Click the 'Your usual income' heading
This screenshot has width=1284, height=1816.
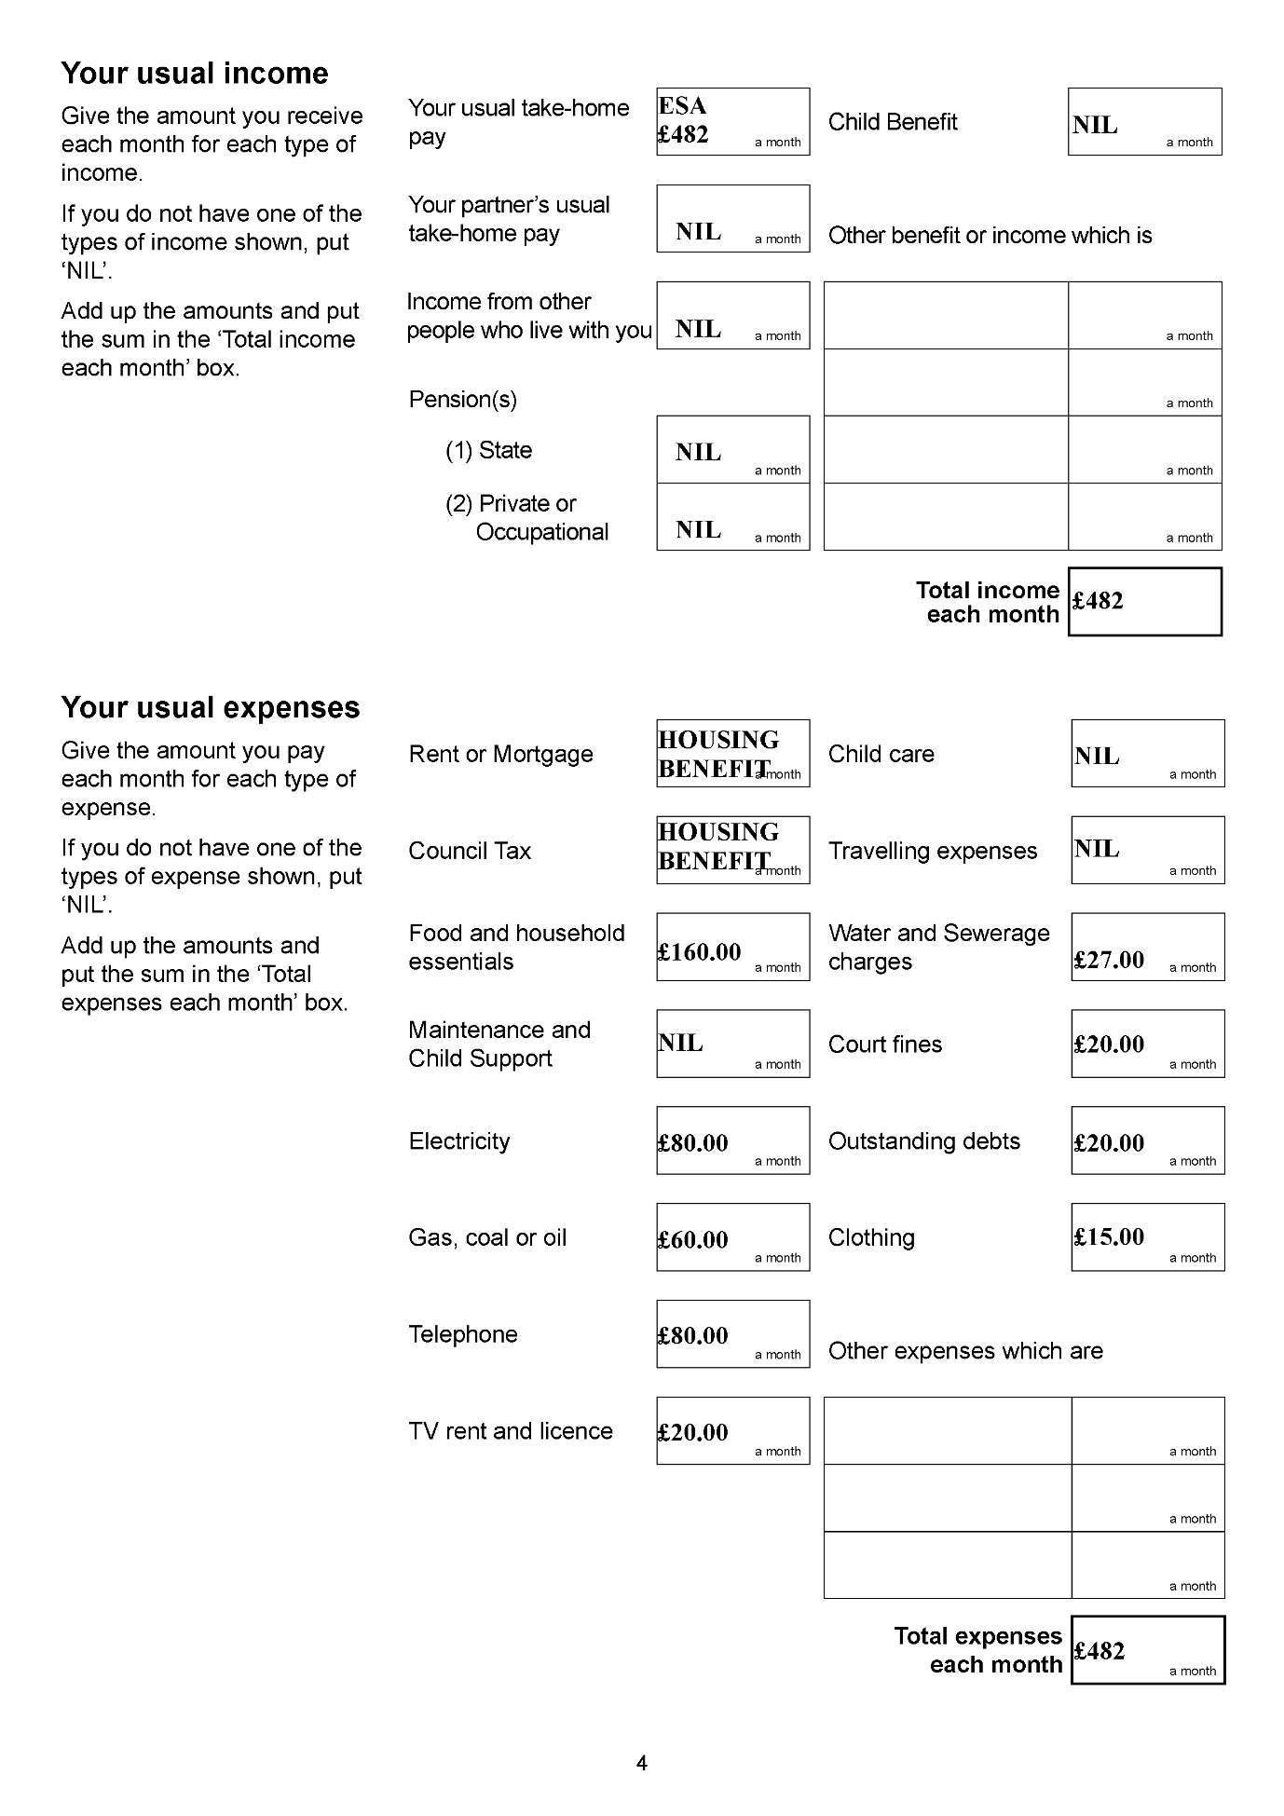coord(194,74)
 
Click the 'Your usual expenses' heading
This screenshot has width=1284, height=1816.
coord(210,708)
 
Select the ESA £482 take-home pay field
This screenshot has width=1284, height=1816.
coord(732,122)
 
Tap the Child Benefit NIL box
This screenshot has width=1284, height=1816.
coord(1144,122)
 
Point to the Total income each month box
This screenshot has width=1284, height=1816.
coord(1144,602)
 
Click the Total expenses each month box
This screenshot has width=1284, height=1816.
coord(1147,1650)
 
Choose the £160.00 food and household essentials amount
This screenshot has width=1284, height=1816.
coord(732,948)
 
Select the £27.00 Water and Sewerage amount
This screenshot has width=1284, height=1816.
coord(1147,948)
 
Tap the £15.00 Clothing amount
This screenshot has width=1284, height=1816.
coord(1147,1237)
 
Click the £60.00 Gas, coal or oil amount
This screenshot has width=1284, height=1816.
coord(732,1237)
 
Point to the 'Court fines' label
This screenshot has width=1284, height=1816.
coord(884,1045)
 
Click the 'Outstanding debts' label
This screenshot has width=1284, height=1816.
coord(923,1141)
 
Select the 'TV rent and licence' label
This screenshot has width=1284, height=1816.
coord(510,1431)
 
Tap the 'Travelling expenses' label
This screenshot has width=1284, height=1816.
coord(932,851)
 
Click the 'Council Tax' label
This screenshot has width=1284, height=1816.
coord(469,851)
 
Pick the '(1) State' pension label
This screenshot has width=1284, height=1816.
coord(488,450)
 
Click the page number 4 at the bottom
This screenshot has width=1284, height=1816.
coord(641,1763)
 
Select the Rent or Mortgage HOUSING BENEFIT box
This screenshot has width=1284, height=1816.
coord(732,754)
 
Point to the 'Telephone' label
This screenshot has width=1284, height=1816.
coord(462,1334)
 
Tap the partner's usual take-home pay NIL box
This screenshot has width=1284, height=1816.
coord(732,219)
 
